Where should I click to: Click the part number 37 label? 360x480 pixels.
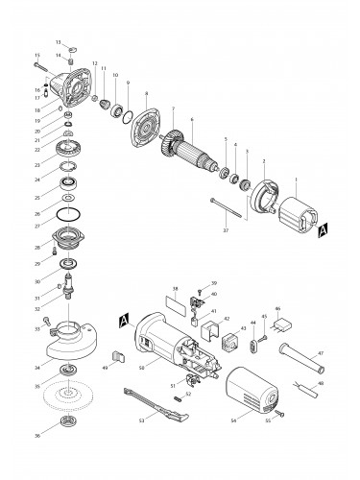pyautogui.click(x=225, y=231)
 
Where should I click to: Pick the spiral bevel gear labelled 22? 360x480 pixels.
pyautogui.click(x=67, y=150)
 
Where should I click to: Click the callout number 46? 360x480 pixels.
pyautogui.click(x=277, y=309)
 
